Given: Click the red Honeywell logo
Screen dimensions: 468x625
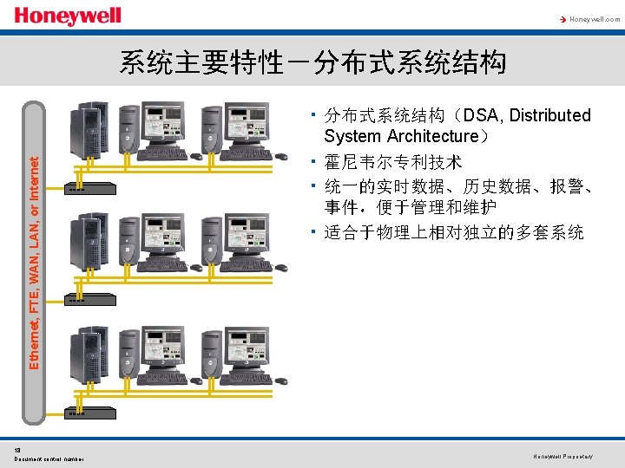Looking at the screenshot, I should [x=68, y=16].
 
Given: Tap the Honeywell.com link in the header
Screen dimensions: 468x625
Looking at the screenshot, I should [x=595, y=18].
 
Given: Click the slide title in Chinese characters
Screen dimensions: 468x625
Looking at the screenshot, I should [x=312, y=62].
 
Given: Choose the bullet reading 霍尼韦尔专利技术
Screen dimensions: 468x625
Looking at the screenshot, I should [x=393, y=161].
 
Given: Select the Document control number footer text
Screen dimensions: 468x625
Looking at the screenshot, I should [x=49, y=458].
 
